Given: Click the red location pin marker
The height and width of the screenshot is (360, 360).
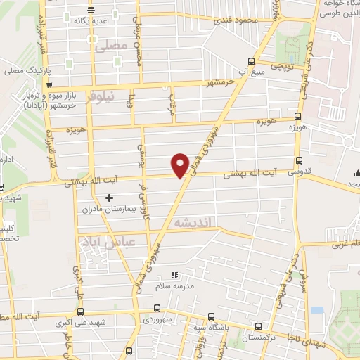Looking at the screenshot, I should point(181,164).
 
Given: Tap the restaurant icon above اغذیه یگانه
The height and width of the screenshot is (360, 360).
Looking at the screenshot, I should point(91,9).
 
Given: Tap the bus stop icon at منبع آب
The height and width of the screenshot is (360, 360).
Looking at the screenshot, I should point(252,61).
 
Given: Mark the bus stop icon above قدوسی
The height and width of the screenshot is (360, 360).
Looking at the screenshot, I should point(300,160).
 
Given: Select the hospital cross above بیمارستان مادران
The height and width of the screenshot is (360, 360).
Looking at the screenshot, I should point(108,198).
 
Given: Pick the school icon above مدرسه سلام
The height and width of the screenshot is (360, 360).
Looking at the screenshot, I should point(174,275).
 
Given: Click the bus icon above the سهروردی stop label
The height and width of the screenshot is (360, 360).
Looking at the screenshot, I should point(157,308).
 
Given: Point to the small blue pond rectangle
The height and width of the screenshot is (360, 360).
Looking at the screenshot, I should point(316,309).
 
